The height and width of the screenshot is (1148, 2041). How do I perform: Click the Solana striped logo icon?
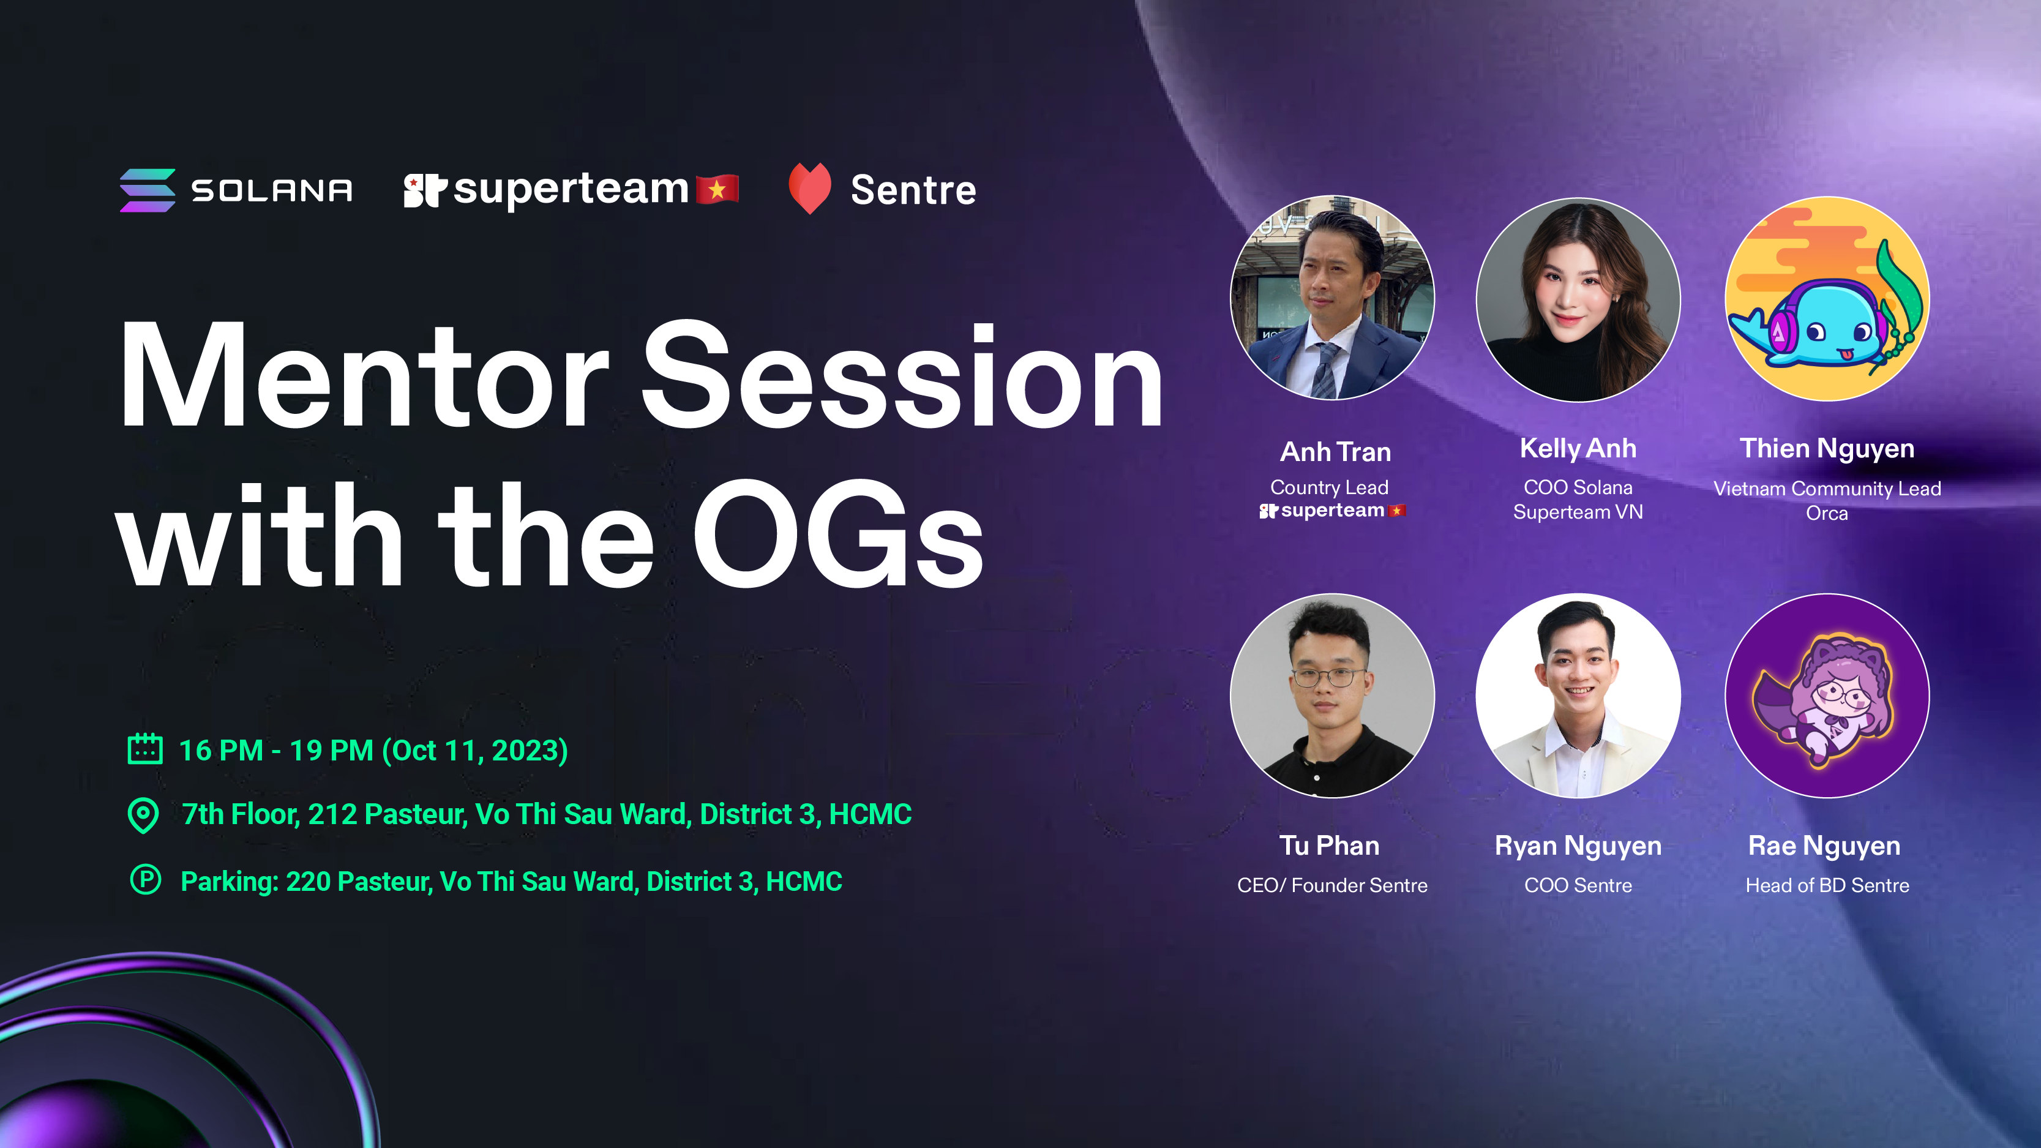[148, 190]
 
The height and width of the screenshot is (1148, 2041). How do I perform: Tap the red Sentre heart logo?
[810, 189]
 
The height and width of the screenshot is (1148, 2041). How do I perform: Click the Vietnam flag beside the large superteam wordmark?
[718, 189]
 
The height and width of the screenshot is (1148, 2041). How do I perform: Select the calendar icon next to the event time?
[145, 749]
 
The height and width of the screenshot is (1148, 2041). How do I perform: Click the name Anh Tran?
[1336, 452]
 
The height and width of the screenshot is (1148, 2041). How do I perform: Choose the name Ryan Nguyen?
[1578, 847]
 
